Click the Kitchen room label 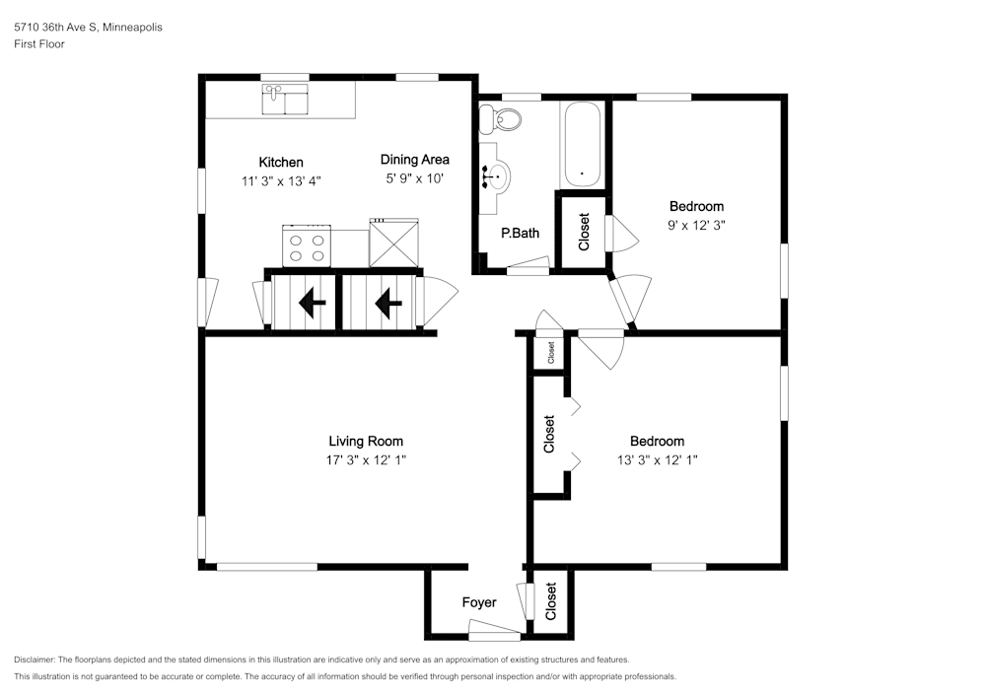pyautogui.click(x=281, y=162)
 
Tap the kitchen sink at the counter pyautogui.click(x=285, y=100)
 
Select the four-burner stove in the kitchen pyautogui.click(x=307, y=245)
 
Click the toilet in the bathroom pyautogui.click(x=501, y=118)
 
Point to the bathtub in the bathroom pyautogui.click(x=582, y=145)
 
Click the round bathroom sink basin pyautogui.click(x=497, y=176)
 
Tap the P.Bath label pyautogui.click(x=520, y=234)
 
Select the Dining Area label pyautogui.click(x=415, y=160)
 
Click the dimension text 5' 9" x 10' pyautogui.click(x=415, y=178)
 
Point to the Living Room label pyautogui.click(x=366, y=442)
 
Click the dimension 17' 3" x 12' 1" pyautogui.click(x=366, y=460)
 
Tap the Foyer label pyautogui.click(x=479, y=602)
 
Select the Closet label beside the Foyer pyautogui.click(x=551, y=601)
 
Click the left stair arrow pyautogui.click(x=312, y=303)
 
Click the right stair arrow pyautogui.click(x=388, y=303)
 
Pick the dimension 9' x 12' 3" pyautogui.click(x=697, y=225)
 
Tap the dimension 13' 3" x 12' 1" pyautogui.click(x=658, y=460)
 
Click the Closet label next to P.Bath pyautogui.click(x=584, y=232)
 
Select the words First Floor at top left pyautogui.click(x=39, y=44)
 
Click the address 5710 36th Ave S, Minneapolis pyautogui.click(x=88, y=27)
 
